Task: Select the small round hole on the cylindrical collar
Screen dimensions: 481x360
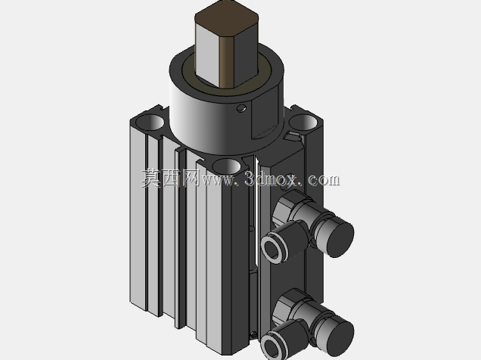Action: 241,108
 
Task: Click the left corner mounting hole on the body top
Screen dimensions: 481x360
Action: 150,121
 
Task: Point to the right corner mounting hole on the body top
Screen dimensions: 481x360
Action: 303,122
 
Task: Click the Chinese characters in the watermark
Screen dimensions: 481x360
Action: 171,178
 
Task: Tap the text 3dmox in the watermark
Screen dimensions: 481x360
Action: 271,178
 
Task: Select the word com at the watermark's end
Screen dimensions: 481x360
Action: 324,180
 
